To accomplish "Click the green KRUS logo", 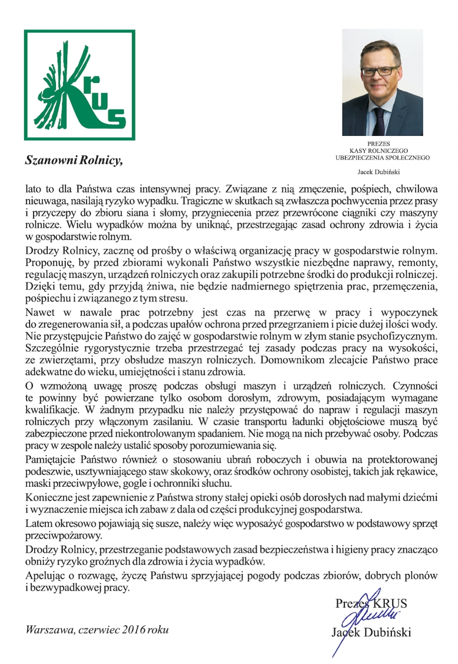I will point(79,85).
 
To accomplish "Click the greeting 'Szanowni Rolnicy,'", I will point(74,161).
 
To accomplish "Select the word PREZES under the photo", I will point(382,143).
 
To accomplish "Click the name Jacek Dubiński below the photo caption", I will point(382,172).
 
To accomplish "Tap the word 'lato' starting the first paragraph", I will point(34,189).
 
